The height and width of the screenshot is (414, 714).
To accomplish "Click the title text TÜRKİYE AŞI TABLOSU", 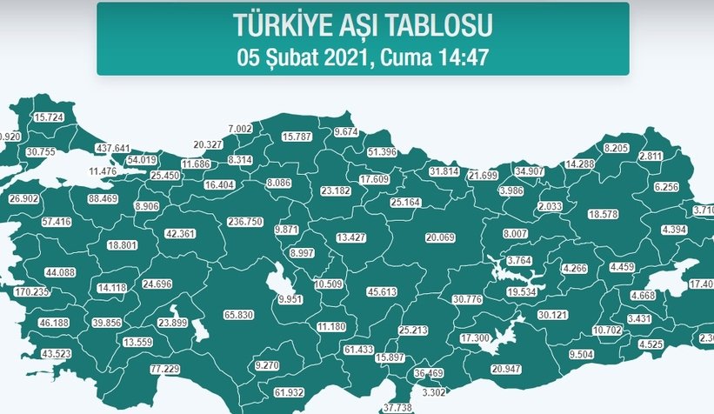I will coord(362,25).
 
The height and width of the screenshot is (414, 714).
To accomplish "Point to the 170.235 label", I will coord(34,292).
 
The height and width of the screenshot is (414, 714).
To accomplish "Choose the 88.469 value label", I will coord(103,199).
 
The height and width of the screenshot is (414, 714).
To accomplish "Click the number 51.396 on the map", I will coord(383,152).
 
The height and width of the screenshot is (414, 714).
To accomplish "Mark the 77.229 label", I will coord(164,370).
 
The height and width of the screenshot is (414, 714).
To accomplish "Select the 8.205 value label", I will coord(616,148).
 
